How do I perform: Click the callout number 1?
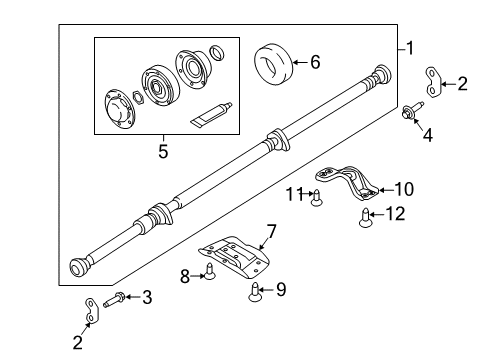click(408, 47)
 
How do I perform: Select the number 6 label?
click(316, 62)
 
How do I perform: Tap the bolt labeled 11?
click(318, 197)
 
